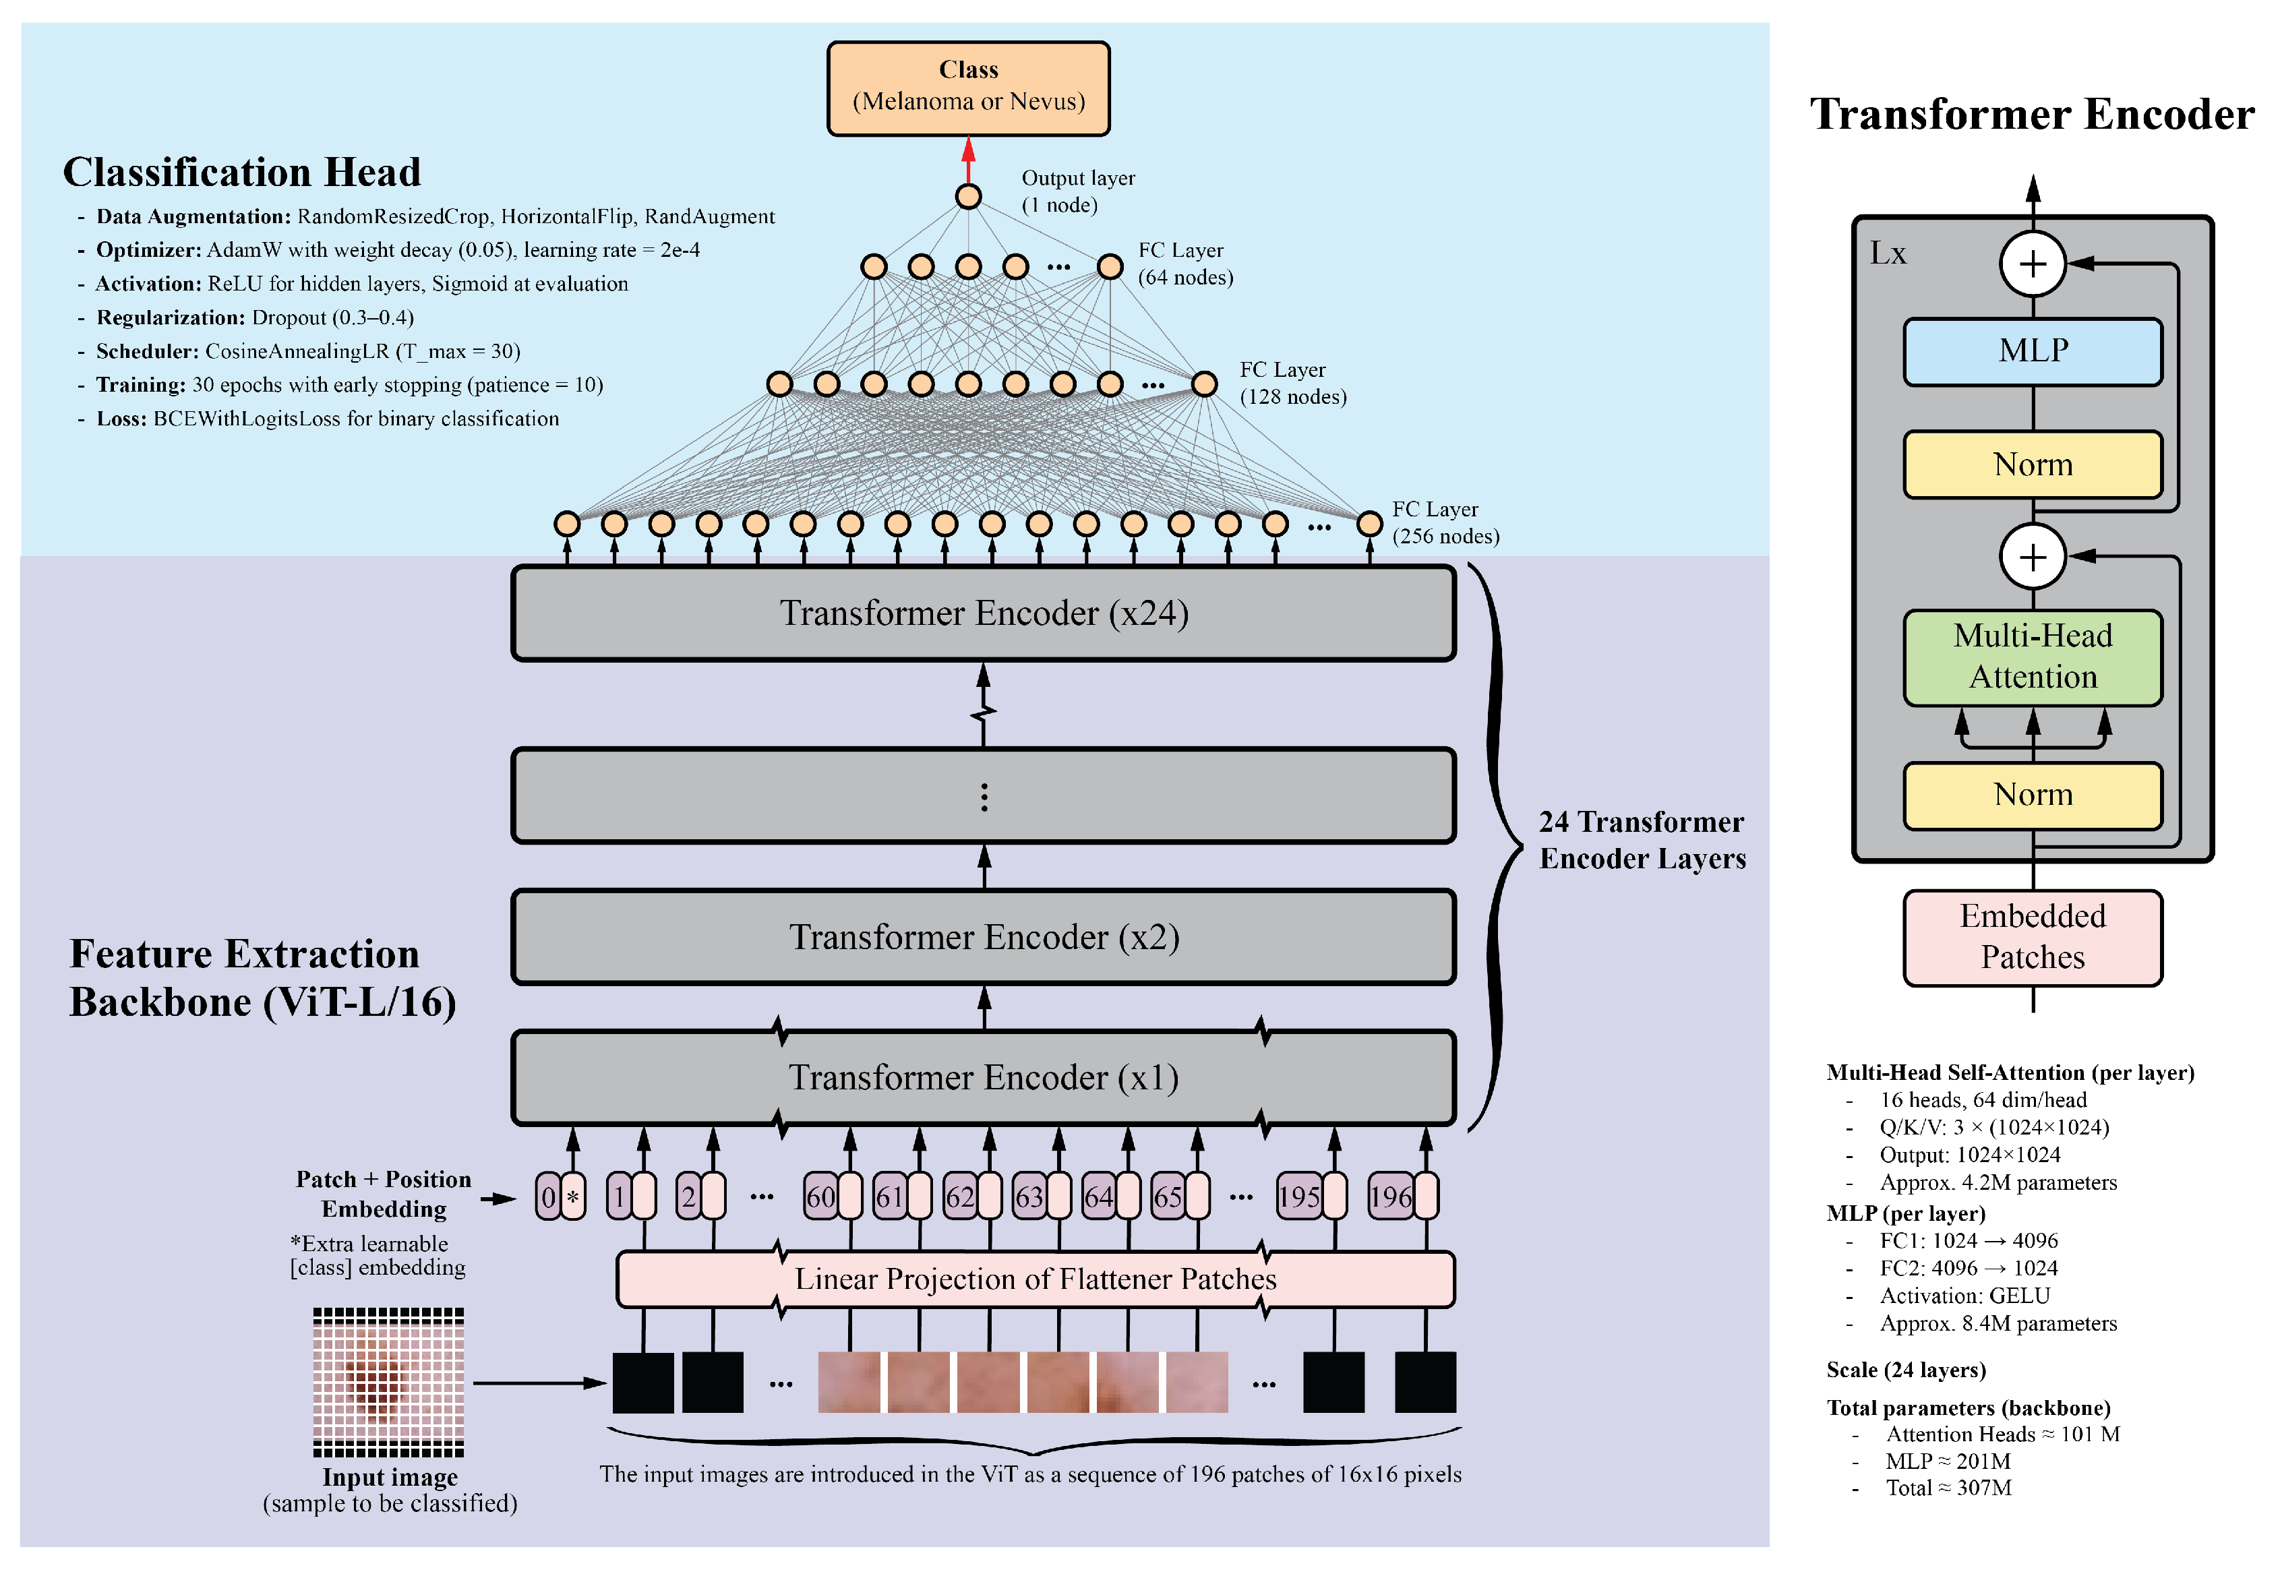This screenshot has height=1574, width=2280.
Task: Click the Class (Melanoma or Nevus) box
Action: click(967, 88)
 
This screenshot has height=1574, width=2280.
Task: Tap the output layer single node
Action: click(967, 196)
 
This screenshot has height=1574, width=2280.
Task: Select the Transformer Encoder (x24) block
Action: click(983, 613)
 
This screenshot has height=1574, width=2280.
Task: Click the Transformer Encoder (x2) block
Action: click(983, 936)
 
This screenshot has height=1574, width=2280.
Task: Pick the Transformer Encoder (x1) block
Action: click(983, 1077)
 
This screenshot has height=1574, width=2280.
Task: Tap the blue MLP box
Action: click(2033, 351)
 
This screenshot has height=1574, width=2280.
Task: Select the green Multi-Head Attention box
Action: click(2033, 657)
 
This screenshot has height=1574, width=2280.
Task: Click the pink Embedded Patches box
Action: click(2033, 937)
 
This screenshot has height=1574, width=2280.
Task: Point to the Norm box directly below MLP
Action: click(2033, 464)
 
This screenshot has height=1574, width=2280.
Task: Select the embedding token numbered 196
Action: click(1402, 1197)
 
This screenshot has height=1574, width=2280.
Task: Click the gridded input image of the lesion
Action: click(388, 1382)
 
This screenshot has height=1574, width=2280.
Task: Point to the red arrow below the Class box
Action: click(967, 160)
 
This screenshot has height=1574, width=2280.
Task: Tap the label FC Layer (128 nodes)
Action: click(1292, 383)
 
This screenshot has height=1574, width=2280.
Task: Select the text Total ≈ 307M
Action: click(1948, 1488)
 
